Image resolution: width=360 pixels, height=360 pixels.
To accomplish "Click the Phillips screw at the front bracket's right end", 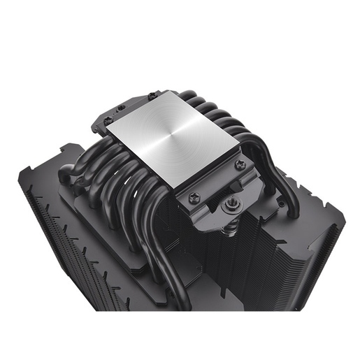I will (240, 165).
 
